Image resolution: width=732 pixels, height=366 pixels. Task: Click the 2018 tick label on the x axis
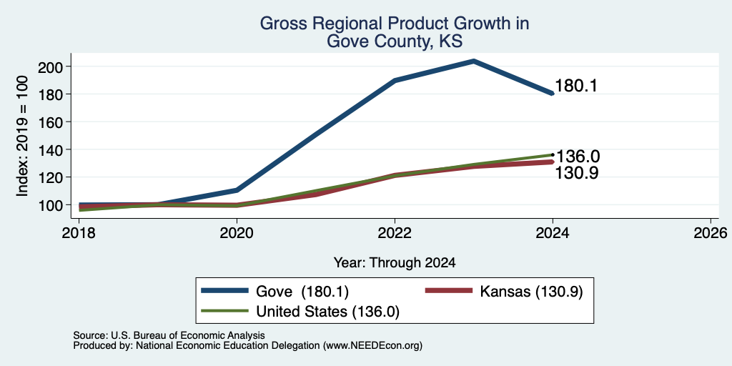[x=79, y=232]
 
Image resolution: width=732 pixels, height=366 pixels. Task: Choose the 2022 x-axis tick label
[x=395, y=232]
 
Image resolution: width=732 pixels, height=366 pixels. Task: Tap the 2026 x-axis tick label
[x=710, y=232]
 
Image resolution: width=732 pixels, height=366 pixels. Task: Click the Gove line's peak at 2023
[x=473, y=61]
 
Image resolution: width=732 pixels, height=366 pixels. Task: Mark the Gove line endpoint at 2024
[x=552, y=94]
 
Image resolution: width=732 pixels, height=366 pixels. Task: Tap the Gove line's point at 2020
[x=237, y=190]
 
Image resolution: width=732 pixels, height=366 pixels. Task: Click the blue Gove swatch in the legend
[x=224, y=291]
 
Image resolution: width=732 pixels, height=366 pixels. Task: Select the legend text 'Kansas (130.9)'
[x=531, y=292]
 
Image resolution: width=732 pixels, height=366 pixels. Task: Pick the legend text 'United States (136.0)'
[x=327, y=312]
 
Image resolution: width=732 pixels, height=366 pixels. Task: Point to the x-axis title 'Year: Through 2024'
[x=395, y=263]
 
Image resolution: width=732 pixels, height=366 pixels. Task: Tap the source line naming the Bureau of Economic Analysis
[x=169, y=335]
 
